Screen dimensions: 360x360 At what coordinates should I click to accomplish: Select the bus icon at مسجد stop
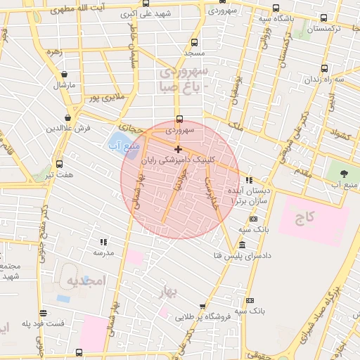pos(194,42)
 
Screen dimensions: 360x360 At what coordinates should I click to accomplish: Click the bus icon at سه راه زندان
pos(324,68)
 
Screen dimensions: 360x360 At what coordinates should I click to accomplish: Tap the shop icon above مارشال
pos(65,74)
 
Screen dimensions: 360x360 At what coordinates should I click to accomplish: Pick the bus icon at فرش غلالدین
pos(68,117)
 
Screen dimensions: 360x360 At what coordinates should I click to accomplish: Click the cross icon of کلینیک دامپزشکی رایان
pos(179,149)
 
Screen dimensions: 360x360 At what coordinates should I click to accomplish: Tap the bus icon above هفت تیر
pos(59,163)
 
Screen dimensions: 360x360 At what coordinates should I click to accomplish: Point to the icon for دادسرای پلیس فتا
pos(242,245)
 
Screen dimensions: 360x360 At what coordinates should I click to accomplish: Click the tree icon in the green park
pos(343,172)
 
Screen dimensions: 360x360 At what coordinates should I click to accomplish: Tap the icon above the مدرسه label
pos(103,242)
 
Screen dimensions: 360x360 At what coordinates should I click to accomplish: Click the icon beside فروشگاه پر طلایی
pos(202,307)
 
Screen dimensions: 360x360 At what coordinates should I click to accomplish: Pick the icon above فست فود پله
pos(44,313)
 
